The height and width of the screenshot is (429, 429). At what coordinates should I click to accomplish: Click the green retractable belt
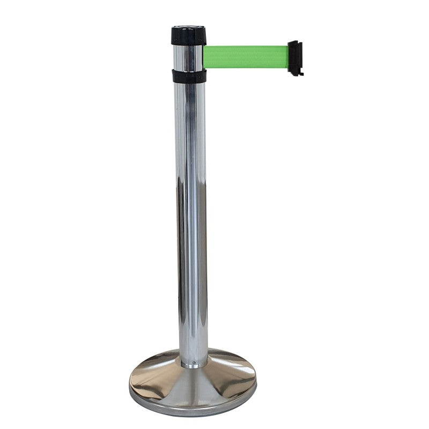[x=246, y=57]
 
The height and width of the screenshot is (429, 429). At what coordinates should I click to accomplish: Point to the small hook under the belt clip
[x=298, y=74]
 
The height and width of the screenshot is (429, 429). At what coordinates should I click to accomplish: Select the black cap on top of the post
[x=188, y=35]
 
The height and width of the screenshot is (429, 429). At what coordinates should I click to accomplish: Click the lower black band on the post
[x=189, y=76]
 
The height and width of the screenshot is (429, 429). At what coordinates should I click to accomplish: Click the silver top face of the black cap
[x=188, y=26]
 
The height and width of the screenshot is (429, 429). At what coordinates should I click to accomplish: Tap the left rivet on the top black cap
[x=176, y=38]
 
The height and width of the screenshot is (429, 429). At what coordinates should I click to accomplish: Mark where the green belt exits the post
[x=205, y=57]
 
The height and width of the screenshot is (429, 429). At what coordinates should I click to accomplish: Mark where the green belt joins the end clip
[x=288, y=57]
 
